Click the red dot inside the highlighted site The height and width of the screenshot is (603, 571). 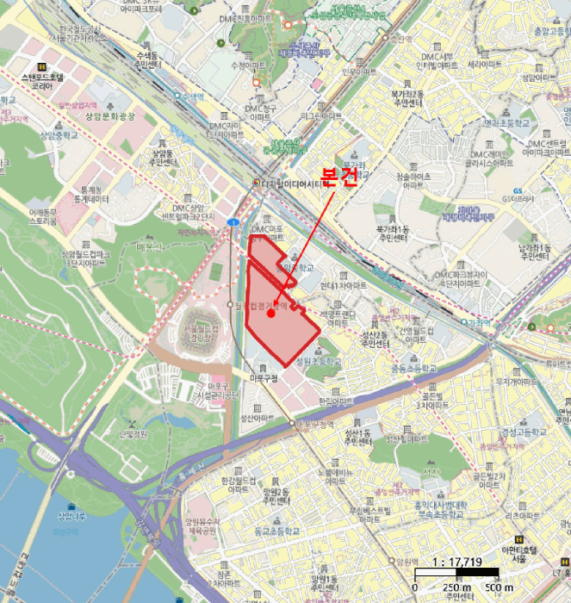271,314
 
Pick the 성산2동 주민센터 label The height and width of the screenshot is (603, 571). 375,339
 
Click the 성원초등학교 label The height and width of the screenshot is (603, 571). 318,361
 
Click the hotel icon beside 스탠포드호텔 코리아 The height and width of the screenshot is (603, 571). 40,65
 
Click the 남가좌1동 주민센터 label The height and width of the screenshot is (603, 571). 534,251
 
